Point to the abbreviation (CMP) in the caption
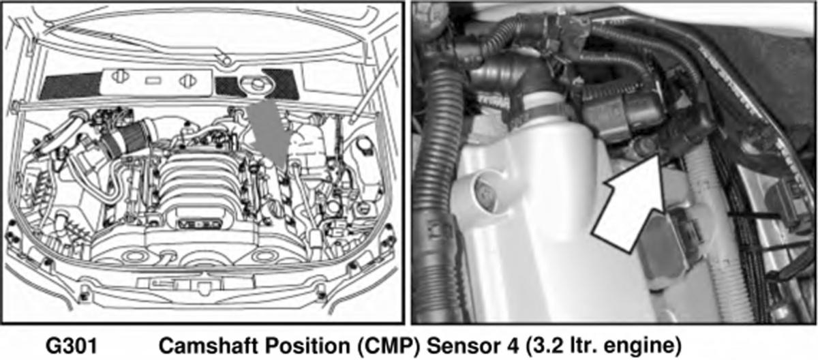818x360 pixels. click(389, 346)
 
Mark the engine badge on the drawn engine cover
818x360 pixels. click(199, 224)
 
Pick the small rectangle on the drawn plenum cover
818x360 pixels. click(153, 80)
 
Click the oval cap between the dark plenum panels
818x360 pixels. click(255, 85)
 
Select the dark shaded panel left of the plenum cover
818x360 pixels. click(70, 86)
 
